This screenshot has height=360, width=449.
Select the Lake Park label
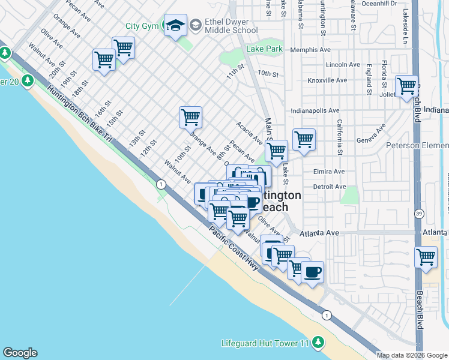(x=264, y=49)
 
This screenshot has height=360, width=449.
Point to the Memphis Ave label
(x=310, y=50)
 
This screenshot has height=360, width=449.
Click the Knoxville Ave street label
(x=327, y=80)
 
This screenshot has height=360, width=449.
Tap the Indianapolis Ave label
(x=315, y=111)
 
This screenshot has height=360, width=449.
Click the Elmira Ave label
(x=329, y=172)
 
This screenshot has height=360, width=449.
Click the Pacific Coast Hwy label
(x=235, y=248)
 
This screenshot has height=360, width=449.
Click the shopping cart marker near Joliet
(x=406, y=85)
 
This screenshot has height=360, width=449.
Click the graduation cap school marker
(x=175, y=25)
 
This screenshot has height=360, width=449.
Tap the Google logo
(x=20, y=353)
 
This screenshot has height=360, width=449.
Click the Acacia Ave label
(x=249, y=133)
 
